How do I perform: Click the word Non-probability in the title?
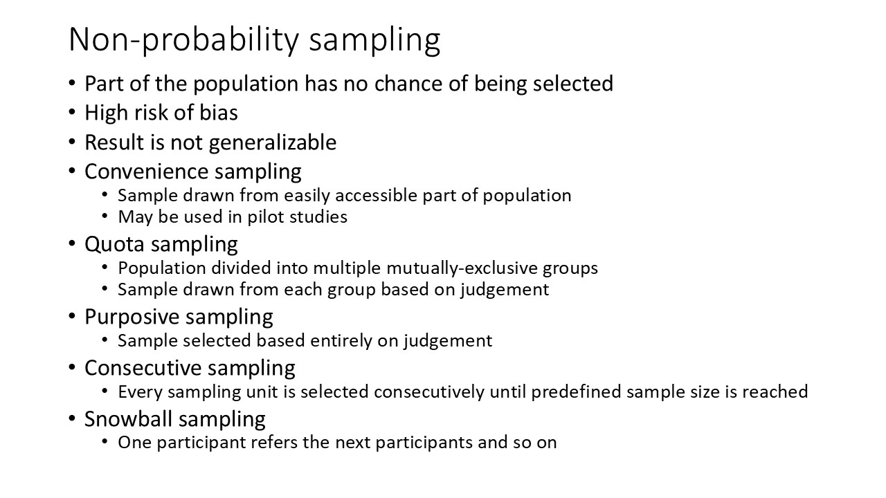click(185, 40)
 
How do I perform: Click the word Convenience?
click(145, 172)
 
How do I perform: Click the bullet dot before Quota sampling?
click(73, 245)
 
